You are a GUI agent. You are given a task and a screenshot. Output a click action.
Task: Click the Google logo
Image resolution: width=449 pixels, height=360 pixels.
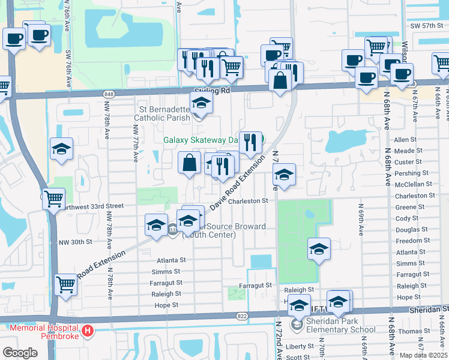tap(20, 352)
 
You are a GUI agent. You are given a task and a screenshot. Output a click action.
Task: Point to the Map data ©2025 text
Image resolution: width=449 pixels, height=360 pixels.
tap(423, 355)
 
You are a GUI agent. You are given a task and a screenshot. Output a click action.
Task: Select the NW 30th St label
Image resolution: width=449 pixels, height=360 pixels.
tap(76, 242)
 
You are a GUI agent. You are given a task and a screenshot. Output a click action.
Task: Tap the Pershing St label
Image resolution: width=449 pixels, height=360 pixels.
tap(409, 173)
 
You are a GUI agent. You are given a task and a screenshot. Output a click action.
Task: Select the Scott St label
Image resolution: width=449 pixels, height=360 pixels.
tap(298, 357)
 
